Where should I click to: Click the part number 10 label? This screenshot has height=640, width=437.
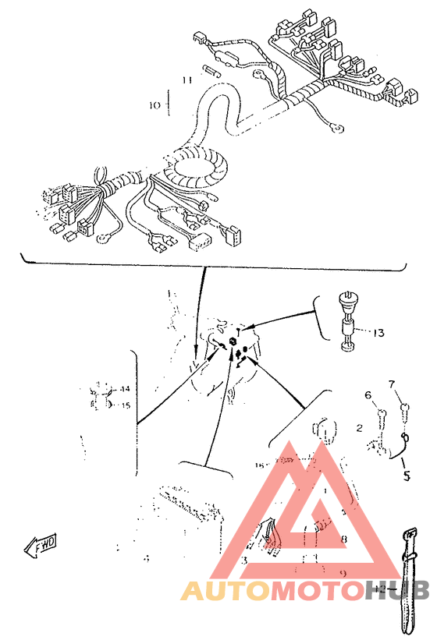(x=154, y=104)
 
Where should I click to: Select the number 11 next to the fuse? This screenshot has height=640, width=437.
(x=186, y=80)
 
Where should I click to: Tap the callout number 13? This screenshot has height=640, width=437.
(x=378, y=333)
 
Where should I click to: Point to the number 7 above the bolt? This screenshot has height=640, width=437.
(x=393, y=384)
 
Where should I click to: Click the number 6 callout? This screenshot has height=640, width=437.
(x=368, y=395)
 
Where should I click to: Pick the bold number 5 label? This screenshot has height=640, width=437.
(x=405, y=472)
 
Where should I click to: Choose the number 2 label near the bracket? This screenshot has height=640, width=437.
(x=359, y=428)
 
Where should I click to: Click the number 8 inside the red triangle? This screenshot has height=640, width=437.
(x=343, y=539)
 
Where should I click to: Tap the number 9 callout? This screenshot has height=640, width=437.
(x=343, y=573)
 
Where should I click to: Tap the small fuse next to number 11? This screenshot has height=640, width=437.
(x=212, y=72)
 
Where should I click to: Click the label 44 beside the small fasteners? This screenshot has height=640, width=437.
(x=124, y=388)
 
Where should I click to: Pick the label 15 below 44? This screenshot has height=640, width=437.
(x=124, y=405)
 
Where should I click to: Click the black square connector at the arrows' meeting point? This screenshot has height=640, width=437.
(x=233, y=341)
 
